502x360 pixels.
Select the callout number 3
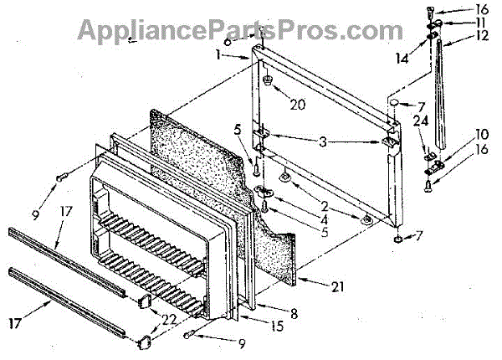322,143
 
